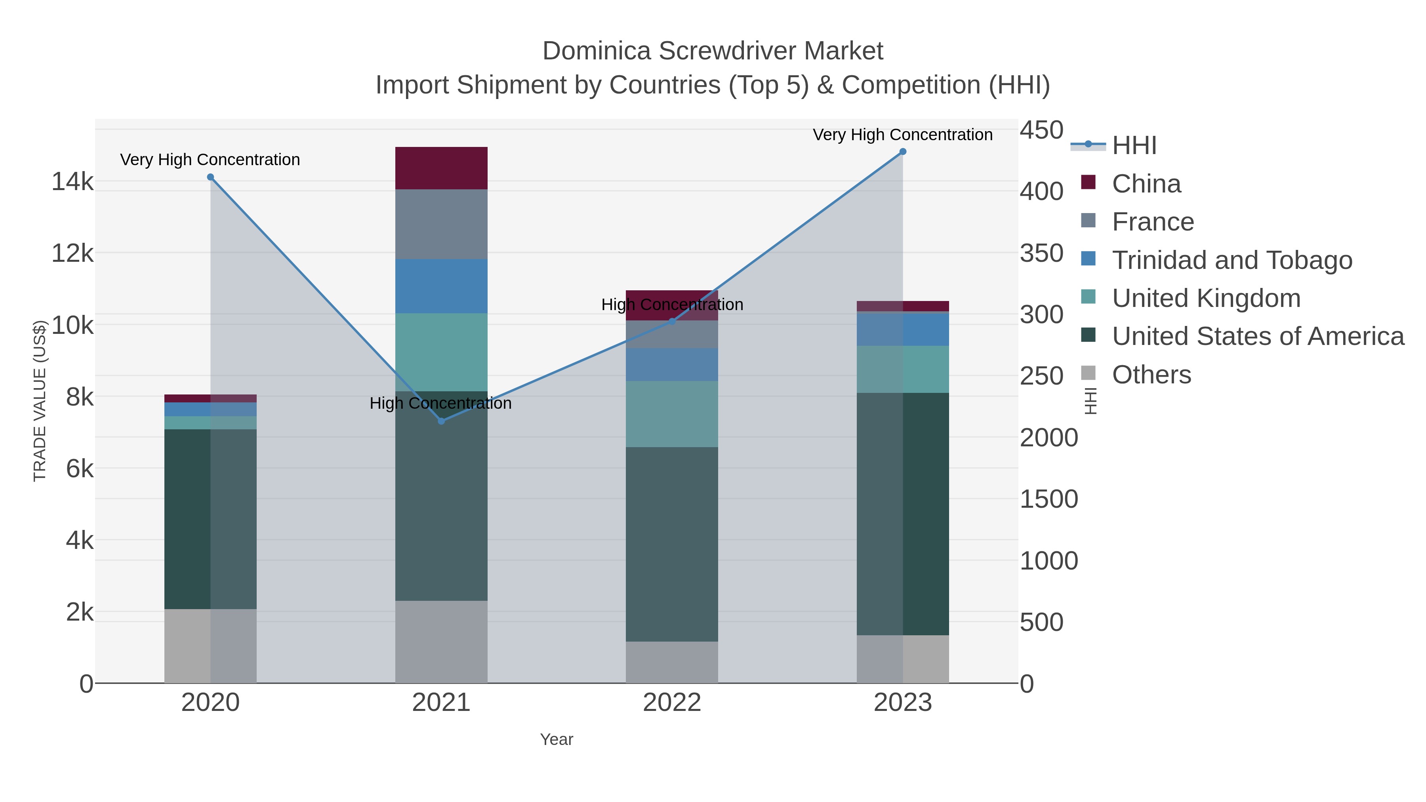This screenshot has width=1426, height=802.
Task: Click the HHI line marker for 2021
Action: [441, 421]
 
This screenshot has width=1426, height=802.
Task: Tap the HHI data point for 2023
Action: [903, 152]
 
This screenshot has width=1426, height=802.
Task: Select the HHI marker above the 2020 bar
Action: [210, 177]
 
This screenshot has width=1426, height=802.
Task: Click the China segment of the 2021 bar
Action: [441, 168]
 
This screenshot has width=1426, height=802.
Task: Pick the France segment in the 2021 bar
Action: [441, 224]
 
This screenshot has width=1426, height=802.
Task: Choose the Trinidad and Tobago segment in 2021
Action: [441, 286]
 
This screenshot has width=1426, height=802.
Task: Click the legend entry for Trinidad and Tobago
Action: [1232, 260]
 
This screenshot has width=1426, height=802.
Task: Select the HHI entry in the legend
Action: [1134, 146]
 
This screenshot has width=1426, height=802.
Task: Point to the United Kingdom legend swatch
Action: [1089, 297]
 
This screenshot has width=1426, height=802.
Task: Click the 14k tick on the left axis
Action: [72, 181]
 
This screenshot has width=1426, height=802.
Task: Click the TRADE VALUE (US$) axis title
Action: [40, 401]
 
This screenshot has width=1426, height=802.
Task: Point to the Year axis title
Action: [557, 739]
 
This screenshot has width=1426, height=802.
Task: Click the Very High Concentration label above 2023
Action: [902, 135]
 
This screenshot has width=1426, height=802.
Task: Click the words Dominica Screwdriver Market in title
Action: [713, 51]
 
